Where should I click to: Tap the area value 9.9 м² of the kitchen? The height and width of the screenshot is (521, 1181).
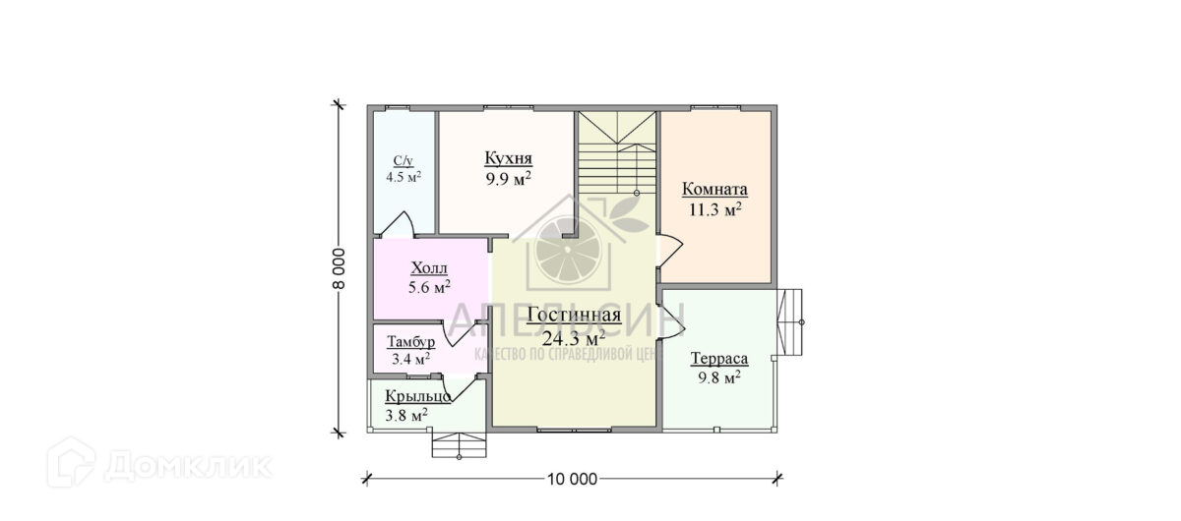(508, 179)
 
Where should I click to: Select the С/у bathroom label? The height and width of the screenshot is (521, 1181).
(403, 161)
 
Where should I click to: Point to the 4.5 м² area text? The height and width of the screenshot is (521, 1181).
(403, 178)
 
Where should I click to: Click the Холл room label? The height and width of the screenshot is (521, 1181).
(428, 268)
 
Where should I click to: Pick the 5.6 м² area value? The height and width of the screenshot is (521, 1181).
(429, 287)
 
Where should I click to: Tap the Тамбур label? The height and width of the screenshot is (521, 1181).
(410, 342)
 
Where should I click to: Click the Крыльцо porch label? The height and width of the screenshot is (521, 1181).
(418, 396)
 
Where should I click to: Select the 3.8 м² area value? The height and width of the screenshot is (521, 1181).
(406, 415)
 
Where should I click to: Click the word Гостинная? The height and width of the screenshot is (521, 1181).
(573, 315)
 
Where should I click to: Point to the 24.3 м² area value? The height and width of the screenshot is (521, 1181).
(573, 337)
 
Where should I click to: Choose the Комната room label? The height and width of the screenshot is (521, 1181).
(715, 190)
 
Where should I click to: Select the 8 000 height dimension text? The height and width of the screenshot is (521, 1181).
(339, 266)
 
